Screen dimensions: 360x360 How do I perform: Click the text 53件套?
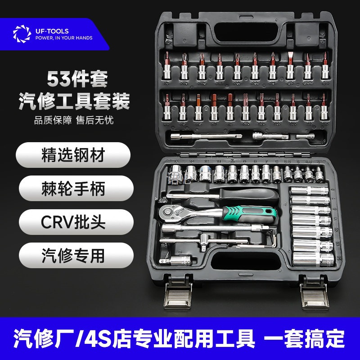77,81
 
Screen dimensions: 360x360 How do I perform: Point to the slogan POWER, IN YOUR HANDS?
64,38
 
